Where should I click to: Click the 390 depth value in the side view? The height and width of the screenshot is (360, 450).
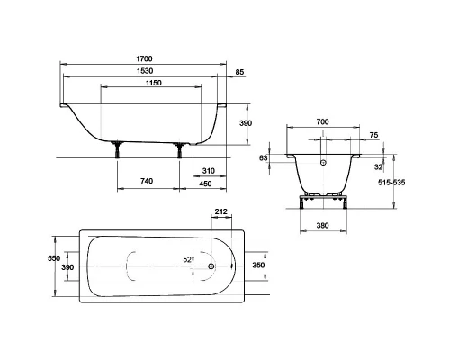259,124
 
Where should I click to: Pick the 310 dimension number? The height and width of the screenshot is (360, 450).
208,171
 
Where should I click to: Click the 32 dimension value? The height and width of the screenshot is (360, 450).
380,166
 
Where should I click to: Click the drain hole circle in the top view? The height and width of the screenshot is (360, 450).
210,266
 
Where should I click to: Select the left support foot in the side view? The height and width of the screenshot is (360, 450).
118,150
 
